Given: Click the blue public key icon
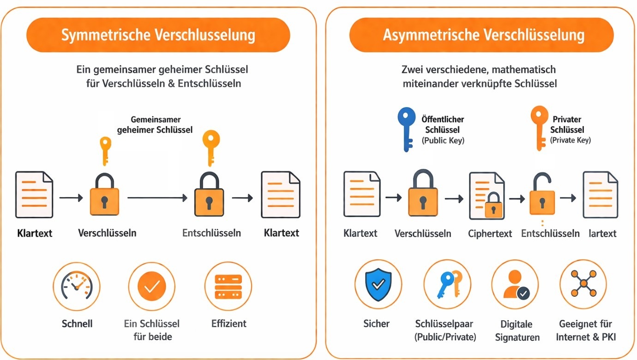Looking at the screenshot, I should (406, 129).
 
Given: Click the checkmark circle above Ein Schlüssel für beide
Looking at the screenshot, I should (151, 286).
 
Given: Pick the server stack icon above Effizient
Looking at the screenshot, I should (228, 286).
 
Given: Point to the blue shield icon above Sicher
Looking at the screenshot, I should (378, 283).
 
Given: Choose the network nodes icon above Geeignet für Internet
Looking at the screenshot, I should (583, 283).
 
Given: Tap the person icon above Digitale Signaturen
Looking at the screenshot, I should (515, 284).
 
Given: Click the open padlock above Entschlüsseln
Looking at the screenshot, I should (539, 195).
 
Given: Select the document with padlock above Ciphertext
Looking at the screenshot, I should (487, 196).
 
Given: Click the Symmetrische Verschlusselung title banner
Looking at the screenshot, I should (158, 35).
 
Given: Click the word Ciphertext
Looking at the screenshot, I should (490, 234).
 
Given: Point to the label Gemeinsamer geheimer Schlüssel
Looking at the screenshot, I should (155, 125).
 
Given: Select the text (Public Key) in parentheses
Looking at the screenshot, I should (443, 141).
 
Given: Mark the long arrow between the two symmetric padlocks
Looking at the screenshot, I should (157, 198).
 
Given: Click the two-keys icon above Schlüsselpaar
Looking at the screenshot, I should (446, 283).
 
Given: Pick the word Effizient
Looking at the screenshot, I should (229, 324).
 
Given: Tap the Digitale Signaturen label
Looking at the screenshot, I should (517, 330).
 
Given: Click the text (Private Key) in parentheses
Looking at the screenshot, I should (571, 140).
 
